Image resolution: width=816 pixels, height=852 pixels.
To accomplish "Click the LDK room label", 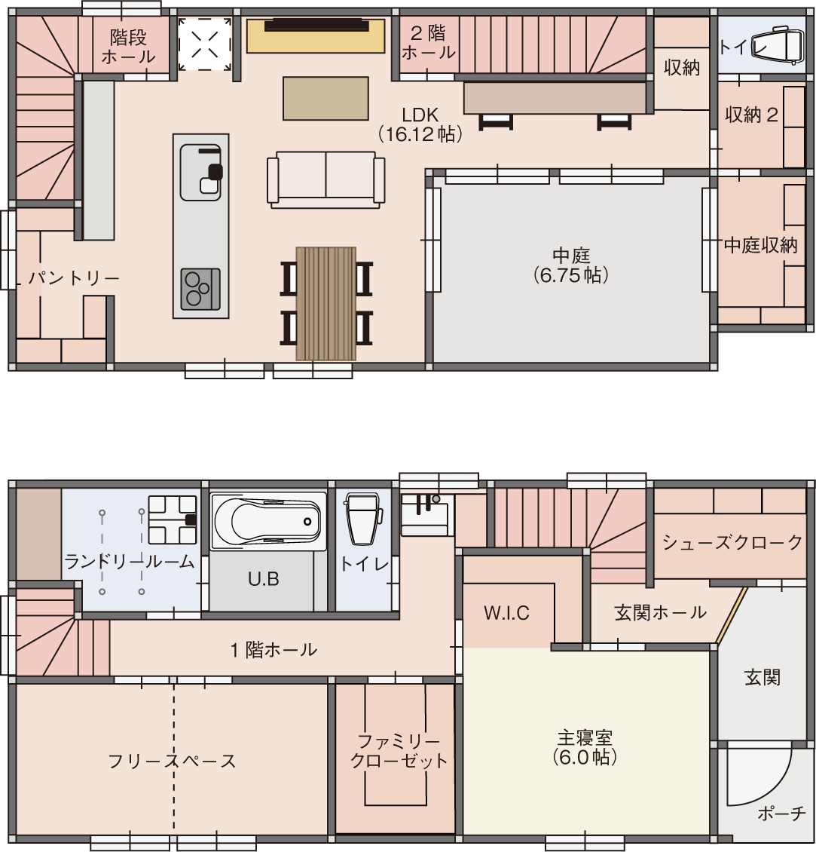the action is coord(420,124).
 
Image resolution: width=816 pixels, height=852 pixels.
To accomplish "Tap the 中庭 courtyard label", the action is coord(570,265).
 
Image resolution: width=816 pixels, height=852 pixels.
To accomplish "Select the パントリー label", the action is coord(74,277).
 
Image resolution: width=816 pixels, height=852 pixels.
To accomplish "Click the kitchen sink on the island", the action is coord(201,172).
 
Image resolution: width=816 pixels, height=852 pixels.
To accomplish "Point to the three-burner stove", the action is coord(200,289).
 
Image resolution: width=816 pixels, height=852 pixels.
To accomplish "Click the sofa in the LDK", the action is coord(325,180).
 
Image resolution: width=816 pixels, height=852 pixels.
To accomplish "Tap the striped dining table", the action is coord(325,304).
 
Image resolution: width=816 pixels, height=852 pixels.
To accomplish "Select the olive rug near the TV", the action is coord(325,98).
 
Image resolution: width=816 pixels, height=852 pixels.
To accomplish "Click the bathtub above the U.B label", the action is coord(267,522).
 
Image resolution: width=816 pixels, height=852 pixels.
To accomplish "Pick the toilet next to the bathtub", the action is coord(363,519).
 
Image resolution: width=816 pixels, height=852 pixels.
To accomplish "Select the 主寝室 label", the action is coord(585,747).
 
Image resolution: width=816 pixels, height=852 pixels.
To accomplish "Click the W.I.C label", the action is coord(506,614).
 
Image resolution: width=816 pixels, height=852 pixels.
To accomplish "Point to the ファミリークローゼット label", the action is coord(399,750).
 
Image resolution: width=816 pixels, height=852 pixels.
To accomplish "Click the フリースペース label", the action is coord(172,761).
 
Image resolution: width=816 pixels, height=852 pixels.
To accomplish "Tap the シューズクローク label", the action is coord(732,542).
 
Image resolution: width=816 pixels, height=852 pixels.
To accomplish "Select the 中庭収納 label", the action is coord(761,246).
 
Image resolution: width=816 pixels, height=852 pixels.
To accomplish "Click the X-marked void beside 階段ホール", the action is coord(205,44).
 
